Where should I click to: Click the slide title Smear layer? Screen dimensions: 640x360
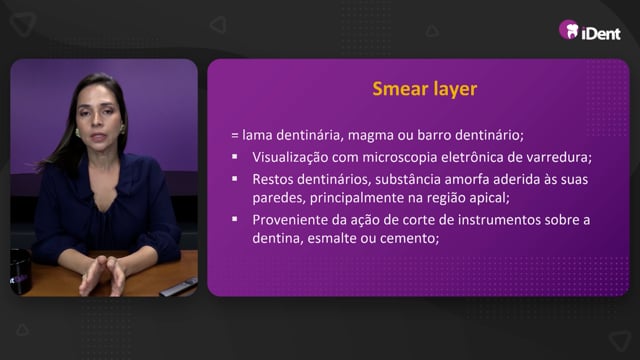click(x=424, y=89)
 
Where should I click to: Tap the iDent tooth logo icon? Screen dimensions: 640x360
click(x=569, y=30)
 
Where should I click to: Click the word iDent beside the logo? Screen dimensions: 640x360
click(x=601, y=33)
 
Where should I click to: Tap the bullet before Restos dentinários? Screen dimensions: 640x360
click(x=235, y=178)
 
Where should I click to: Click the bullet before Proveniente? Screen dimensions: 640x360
click(x=235, y=219)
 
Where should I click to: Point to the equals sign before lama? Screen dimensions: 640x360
click(x=235, y=136)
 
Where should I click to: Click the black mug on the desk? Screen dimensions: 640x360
click(x=20, y=271)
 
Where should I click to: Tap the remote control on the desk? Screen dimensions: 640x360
click(x=179, y=287)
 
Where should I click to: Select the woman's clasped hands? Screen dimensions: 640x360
click(x=102, y=275)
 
